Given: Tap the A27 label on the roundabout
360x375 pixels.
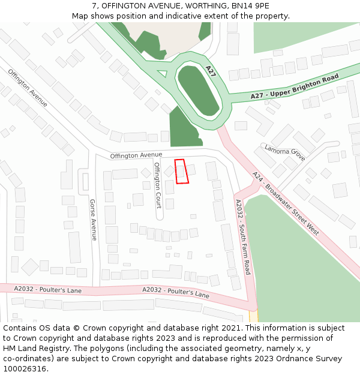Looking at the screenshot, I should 210,71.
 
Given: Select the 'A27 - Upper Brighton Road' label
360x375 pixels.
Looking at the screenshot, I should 295,86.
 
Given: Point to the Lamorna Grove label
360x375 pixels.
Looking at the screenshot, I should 285,154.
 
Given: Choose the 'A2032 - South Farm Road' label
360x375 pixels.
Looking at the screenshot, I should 243,237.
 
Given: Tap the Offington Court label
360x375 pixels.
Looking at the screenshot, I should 158,185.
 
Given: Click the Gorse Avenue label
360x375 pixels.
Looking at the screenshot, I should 93,220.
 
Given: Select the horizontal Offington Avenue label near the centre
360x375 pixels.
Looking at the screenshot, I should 136,155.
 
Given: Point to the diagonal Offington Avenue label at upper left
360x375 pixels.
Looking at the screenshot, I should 28,88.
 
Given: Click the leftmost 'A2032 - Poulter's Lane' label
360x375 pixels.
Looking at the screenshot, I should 47,290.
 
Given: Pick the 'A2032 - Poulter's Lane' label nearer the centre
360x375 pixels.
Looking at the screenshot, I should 176,292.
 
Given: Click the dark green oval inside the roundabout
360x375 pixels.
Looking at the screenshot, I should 198,91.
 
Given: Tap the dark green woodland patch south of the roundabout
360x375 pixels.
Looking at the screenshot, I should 182,128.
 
